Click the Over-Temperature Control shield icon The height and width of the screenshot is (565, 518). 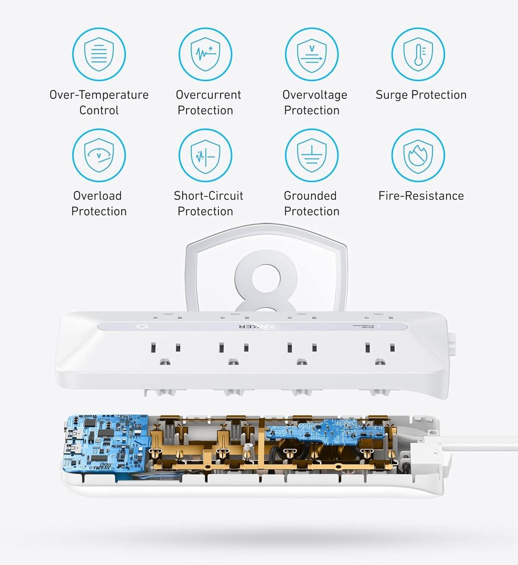tap(99, 54)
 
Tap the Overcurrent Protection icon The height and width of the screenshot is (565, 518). tap(205, 54)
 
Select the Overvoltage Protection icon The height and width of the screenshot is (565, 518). tap(312, 54)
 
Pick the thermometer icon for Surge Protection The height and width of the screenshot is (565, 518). tap(418, 54)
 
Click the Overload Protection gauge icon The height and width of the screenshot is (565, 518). tap(99, 155)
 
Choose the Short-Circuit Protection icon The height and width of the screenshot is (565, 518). tap(205, 155)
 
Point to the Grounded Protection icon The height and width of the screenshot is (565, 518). tap(312, 155)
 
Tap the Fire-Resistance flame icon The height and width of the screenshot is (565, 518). tap(418, 155)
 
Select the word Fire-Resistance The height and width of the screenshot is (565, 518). tap(421, 196)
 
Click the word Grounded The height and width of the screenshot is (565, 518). tap(310, 196)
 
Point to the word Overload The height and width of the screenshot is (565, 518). tap(97, 196)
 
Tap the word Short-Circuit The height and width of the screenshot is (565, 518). tap(208, 196)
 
